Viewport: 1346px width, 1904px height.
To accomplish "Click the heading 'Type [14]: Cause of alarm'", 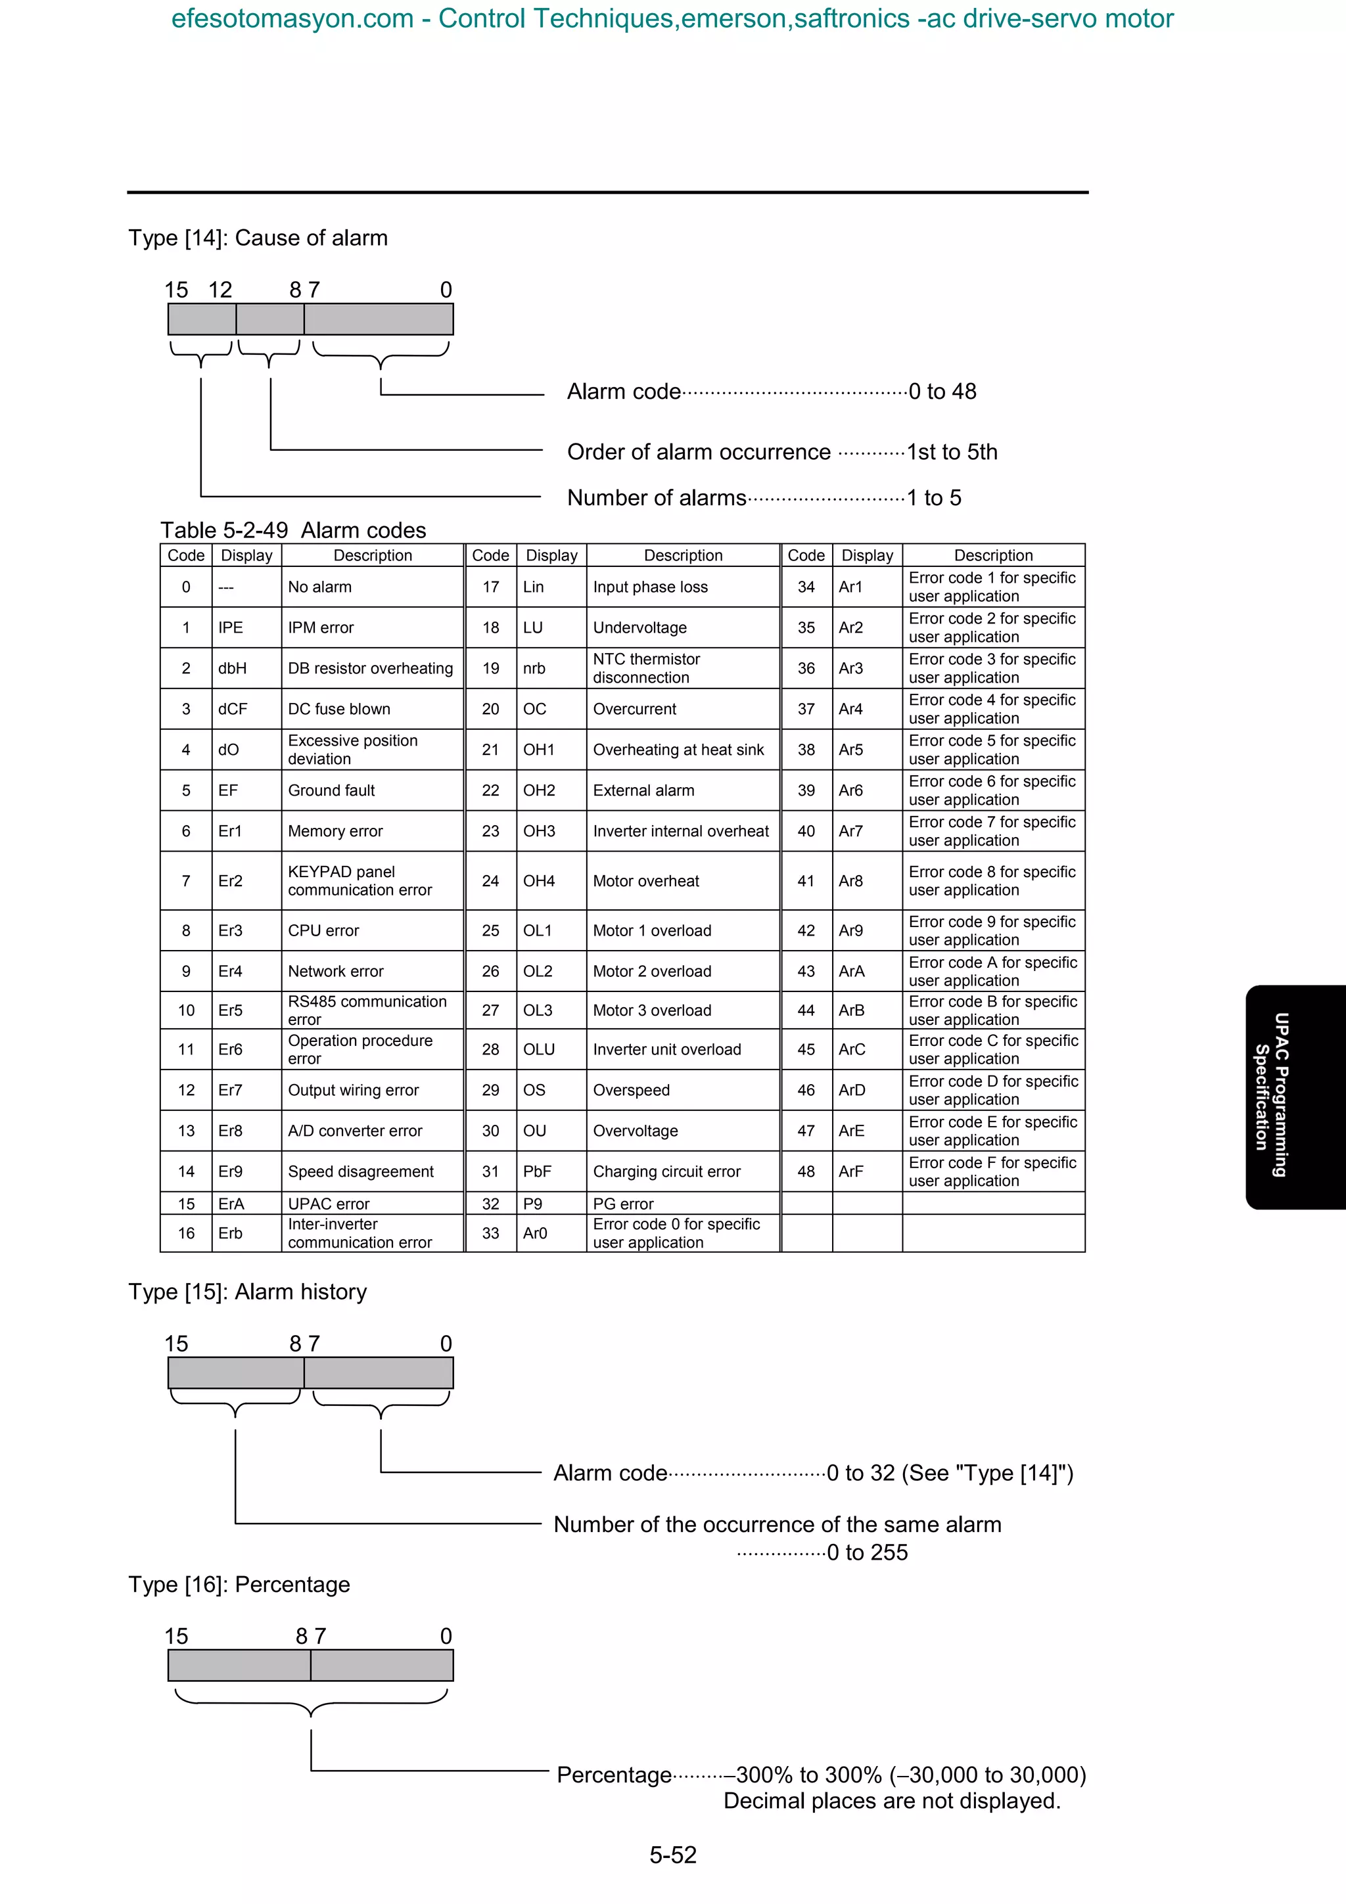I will (x=258, y=238).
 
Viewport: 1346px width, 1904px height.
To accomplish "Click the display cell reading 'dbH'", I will (x=232, y=668).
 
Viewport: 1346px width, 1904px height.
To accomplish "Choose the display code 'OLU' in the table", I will (x=538, y=1049).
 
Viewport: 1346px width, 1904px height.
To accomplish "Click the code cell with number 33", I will (x=490, y=1233).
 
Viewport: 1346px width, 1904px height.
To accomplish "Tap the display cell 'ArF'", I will (x=851, y=1171).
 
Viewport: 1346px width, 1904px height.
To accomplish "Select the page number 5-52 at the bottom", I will (x=672, y=1854).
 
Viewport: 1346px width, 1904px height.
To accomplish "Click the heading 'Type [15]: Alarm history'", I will (x=247, y=1292).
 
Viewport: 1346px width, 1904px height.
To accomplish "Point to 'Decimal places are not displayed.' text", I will (x=892, y=1801).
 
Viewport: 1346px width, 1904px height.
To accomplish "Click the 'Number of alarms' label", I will (x=656, y=497).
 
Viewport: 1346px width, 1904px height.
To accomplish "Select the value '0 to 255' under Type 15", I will (x=867, y=1553).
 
